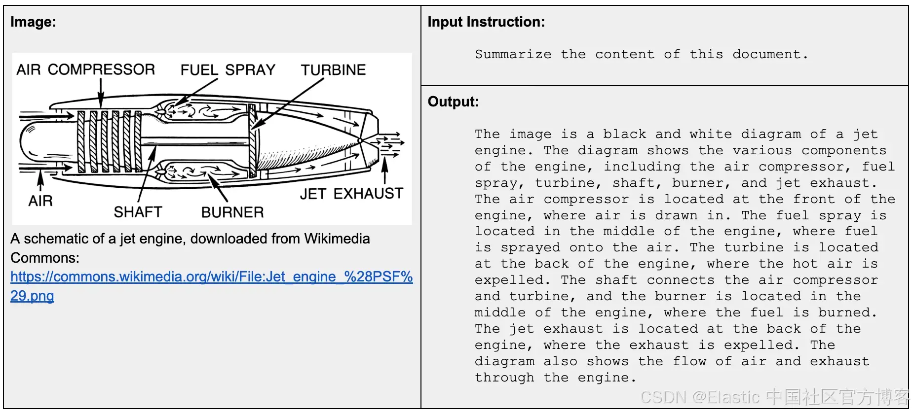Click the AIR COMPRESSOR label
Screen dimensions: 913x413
coord(85,69)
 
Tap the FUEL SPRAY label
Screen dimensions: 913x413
coord(228,70)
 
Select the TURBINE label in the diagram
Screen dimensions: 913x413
coord(333,70)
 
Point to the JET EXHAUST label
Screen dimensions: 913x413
coord(351,194)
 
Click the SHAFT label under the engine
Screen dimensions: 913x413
coord(138,212)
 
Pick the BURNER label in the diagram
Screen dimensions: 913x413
coord(232,212)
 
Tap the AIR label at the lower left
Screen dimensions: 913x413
coord(40,201)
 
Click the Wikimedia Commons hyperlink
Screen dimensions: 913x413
coord(211,277)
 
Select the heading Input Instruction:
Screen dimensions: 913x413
coord(486,22)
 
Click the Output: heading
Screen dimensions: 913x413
coord(453,102)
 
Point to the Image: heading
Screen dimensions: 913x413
coord(33,22)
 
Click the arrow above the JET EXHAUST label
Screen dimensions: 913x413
coord(385,170)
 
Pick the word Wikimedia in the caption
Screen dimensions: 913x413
coord(337,239)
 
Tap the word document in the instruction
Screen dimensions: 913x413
coord(766,54)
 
